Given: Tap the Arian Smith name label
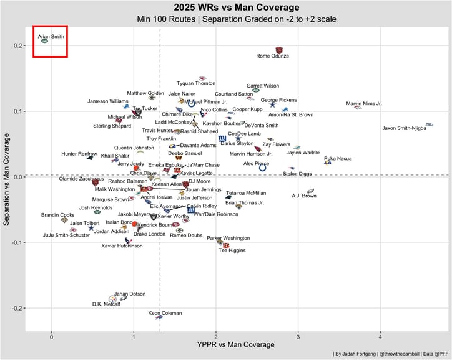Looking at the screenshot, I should pos(50,36).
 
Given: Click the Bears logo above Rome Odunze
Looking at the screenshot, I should pos(279,51).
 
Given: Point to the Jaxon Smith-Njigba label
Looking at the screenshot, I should pos(404,128).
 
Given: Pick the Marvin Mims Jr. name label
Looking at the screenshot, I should pos(364,103).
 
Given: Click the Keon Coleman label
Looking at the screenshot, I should pos(165,313).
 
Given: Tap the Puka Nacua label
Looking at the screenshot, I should pos(338,158).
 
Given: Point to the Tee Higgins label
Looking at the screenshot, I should pos(232,250).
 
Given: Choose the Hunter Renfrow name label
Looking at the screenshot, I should pos(79,154).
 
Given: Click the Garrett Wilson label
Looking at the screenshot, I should pos(263,86).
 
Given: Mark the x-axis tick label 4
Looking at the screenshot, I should pos(380,337).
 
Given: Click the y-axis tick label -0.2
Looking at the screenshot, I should pos(16,308).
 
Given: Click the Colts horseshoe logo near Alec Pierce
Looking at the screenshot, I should pos(263,167).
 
